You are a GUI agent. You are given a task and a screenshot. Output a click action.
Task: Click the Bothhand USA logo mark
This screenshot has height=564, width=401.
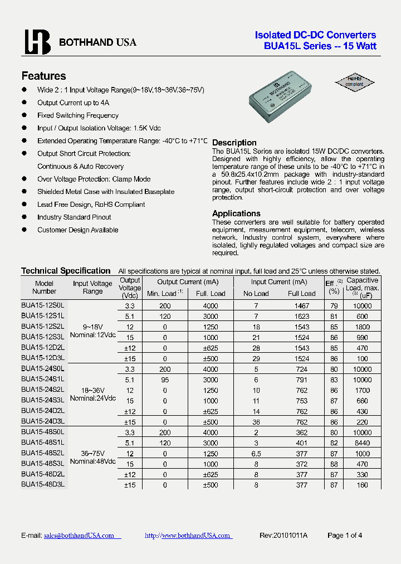[37, 42]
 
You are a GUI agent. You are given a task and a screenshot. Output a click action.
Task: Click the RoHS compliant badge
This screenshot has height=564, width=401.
[355, 81]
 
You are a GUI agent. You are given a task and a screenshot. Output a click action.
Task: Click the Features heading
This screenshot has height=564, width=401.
[43, 76]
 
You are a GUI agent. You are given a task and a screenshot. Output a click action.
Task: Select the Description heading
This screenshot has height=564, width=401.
[234, 143]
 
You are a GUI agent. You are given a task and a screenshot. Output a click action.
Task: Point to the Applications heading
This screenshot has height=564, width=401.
[236, 213]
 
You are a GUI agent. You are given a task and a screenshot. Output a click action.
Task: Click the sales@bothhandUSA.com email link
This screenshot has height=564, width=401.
[79, 535]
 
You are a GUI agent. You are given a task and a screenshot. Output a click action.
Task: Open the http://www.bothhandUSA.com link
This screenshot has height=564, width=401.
[187, 535]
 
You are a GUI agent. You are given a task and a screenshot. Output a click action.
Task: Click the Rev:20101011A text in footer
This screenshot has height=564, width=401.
[283, 535]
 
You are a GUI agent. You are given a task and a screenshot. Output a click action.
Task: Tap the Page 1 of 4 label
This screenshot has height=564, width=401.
[345, 535]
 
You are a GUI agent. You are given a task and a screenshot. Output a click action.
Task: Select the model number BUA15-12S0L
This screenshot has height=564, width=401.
[43, 305]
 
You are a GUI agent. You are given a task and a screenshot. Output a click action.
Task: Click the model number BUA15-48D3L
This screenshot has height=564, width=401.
[43, 485]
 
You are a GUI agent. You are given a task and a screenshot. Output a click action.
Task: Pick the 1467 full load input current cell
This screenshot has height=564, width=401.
[301, 305]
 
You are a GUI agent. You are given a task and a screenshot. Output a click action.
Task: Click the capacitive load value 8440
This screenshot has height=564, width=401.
[362, 442]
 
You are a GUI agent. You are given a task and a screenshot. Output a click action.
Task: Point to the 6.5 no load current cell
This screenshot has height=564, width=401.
[256, 453]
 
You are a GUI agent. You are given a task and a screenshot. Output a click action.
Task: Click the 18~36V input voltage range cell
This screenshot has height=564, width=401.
[92, 390]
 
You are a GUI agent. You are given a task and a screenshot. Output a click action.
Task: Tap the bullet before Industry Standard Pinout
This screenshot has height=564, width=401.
[25, 217]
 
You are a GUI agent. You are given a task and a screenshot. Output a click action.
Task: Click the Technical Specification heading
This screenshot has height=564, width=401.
[66, 271]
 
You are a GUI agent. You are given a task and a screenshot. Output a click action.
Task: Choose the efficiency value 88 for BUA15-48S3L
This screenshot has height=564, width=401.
[334, 464]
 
